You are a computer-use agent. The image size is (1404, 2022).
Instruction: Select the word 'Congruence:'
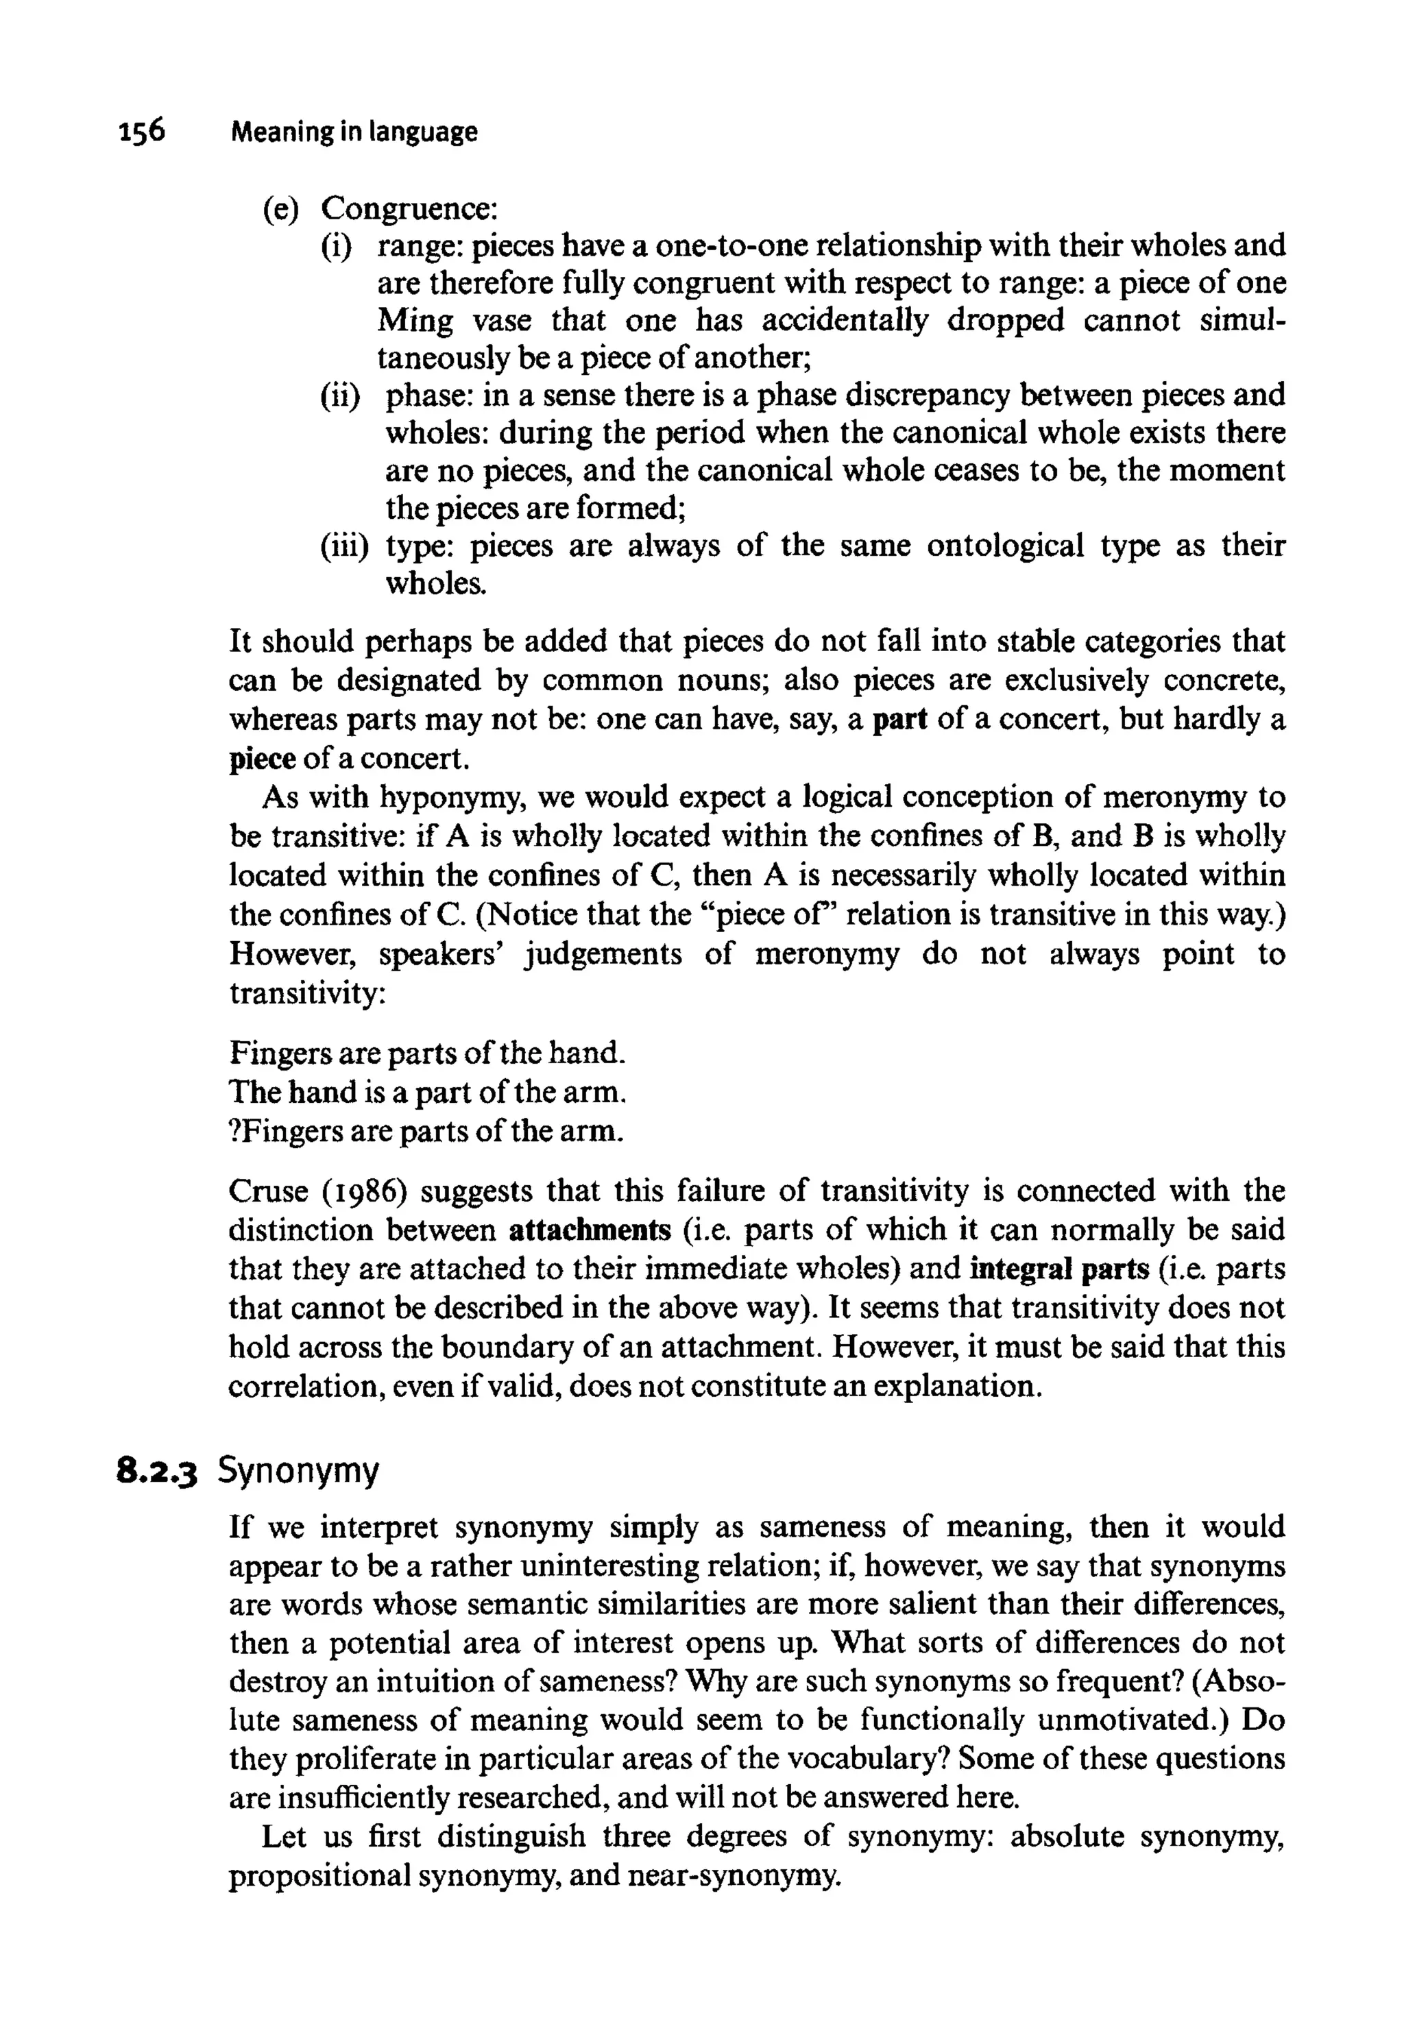(410, 209)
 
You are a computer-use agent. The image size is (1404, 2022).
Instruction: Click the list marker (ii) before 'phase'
(339, 395)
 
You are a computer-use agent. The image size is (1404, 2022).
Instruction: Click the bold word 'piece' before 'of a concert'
(261, 758)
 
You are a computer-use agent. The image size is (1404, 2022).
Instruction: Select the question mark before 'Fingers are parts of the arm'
(234, 1130)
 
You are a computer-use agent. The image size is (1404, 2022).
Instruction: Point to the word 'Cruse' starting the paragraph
(267, 1191)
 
